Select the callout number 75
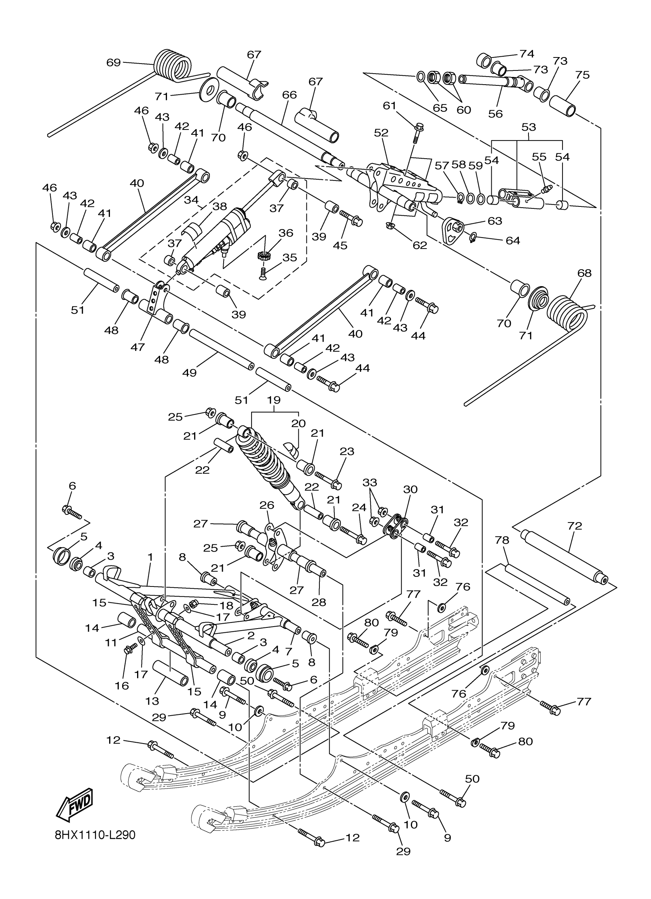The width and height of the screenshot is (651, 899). [x=582, y=75]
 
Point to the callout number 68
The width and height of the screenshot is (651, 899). [x=584, y=273]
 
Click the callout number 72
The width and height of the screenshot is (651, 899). [x=574, y=526]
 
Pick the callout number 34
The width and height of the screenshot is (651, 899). [x=191, y=200]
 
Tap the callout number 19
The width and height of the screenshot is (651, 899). [x=273, y=400]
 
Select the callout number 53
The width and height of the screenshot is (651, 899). [x=528, y=127]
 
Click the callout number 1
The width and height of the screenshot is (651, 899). [x=150, y=557]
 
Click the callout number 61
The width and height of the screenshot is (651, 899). [x=389, y=106]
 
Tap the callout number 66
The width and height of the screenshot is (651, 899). [x=289, y=95]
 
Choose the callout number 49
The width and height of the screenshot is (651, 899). [x=190, y=373]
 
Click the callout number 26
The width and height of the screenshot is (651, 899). [x=267, y=505]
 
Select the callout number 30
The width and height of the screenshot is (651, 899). [x=410, y=490]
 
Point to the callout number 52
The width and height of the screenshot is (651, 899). [x=381, y=133]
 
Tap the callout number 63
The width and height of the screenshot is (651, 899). [x=495, y=221]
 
